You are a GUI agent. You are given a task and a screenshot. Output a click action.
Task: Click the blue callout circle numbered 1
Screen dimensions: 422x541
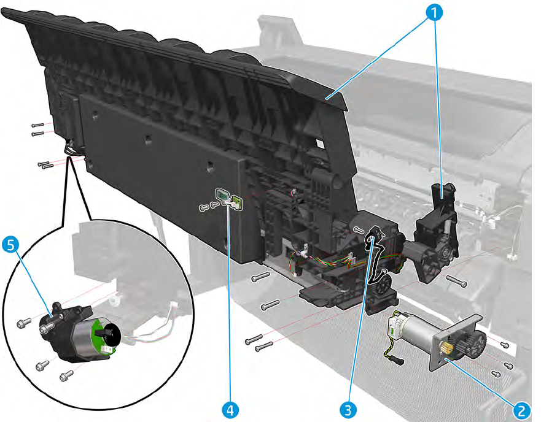point(434,10)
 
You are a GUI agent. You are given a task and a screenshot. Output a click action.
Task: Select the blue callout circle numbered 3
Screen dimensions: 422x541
point(348,408)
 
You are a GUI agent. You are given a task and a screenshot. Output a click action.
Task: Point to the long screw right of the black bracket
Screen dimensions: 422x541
point(457,282)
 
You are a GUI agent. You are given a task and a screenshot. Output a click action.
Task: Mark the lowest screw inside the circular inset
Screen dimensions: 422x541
point(66,374)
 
